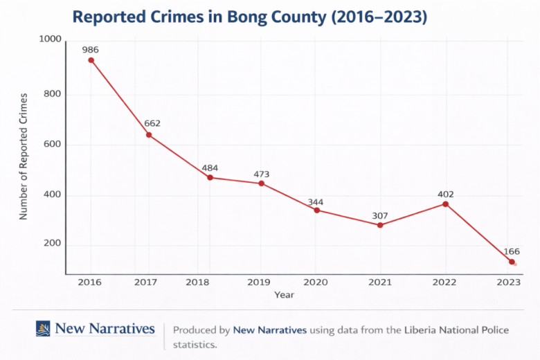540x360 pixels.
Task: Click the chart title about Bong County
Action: pyautogui.click(x=249, y=17)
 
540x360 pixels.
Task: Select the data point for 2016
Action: pyautogui.click(x=91, y=60)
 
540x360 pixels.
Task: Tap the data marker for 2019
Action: pyautogui.click(x=261, y=183)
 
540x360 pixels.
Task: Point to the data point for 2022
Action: pyautogui.click(x=445, y=204)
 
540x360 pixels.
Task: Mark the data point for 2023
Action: pyautogui.click(x=512, y=262)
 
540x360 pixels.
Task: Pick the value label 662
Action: pyautogui.click(x=152, y=123)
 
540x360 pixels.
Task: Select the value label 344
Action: pyautogui.click(x=316, y=202)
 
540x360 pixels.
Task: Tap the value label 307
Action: pyautogui.click(x=380, y=215)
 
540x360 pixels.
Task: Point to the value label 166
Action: pyautogui.click(x=512, y=251)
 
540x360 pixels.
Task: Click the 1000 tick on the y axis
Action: pyautogui.click(x=50, y=40)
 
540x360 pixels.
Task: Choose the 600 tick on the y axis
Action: pyautogui.click(x=53, y=145)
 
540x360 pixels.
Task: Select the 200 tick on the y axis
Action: pyautogui.click(x=53, y=244)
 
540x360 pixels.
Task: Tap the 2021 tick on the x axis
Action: pyautogui.click(x=380, y=282)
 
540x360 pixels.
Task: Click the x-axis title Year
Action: pyautogui.click(x=284, y=295)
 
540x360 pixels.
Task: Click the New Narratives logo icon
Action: pyautogui.click(x=43, y=328)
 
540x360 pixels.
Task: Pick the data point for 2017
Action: pyautogui.click(x=149, y=134)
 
